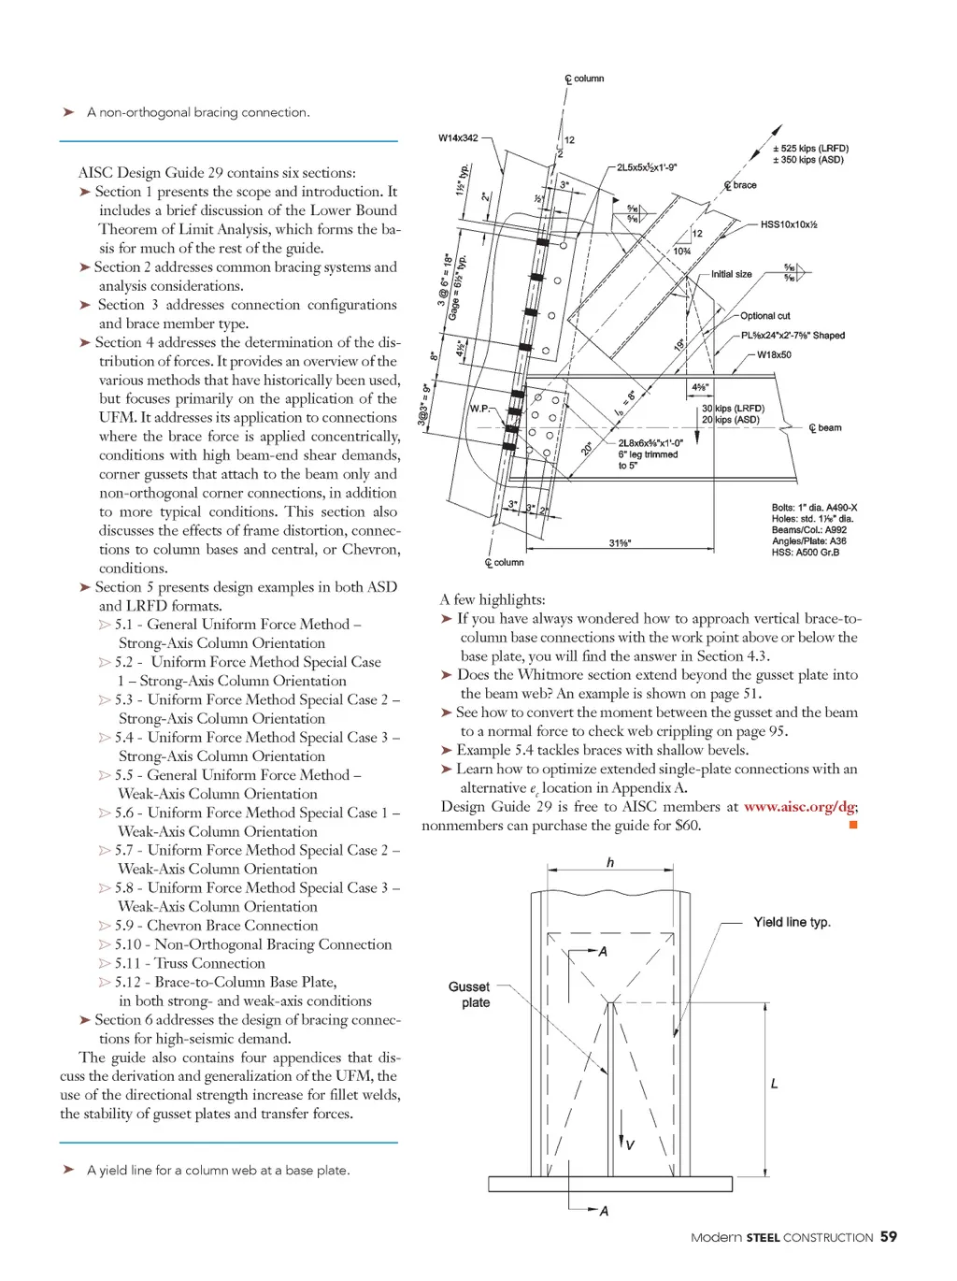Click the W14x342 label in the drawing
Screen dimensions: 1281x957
[458, 138]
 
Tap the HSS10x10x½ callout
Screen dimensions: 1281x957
[789, 224]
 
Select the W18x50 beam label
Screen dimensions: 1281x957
[774, 355]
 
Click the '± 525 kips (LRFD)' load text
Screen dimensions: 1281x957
[810, 149]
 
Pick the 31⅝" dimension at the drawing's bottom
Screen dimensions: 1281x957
[620, 543]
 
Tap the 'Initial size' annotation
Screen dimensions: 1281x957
[731, 274]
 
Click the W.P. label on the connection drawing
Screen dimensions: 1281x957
[479, 409]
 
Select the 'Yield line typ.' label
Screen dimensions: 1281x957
[792, 922]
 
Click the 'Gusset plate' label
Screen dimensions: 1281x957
[469, 994]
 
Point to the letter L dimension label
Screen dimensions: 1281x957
[774, 1084]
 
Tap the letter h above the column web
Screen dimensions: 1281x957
[610, 862]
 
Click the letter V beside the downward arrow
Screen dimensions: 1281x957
[630, 1144]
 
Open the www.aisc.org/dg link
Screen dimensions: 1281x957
[799, 807]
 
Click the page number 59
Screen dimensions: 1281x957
[888, 1236]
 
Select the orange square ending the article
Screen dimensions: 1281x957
[852, 825]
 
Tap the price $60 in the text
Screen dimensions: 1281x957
[687, 826]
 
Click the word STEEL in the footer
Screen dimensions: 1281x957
[763, 1237]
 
